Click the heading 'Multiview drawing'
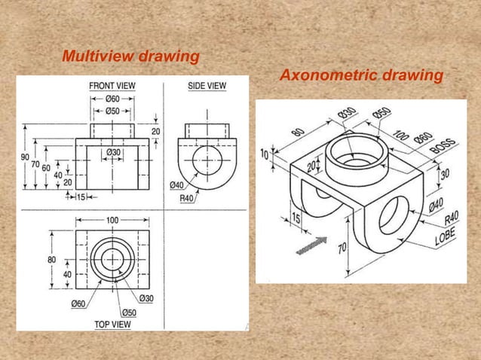[130, 56]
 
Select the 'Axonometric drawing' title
[361, 76]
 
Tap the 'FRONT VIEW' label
[112, 86]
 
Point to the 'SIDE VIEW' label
[207, 86]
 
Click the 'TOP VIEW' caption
[113, 325]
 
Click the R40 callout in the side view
[188, 198]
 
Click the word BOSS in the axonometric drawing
[443, 145]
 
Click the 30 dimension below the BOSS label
[445, 172]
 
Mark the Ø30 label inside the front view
[114, 152]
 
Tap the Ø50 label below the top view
[128, 313]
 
